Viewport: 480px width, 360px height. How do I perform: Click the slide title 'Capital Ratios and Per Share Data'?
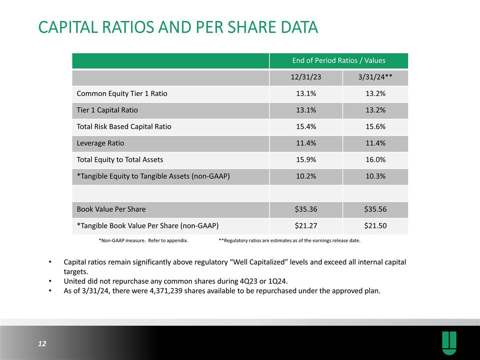click(178, 27)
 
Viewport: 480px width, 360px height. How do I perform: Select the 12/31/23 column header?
click(306, 77)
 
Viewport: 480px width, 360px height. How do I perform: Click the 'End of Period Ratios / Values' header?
click(339, 60)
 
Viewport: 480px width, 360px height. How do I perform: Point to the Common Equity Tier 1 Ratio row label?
click(121, 93)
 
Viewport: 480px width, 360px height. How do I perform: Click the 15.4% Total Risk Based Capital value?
click(306, 126)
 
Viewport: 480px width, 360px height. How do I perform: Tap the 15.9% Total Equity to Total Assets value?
click(306, 159)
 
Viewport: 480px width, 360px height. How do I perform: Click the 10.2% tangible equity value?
click(306, 176)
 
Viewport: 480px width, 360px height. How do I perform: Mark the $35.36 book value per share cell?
click(306, 209)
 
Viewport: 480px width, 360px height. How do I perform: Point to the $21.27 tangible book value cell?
click(306, 225)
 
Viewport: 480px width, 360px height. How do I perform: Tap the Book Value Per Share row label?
click(111, 209)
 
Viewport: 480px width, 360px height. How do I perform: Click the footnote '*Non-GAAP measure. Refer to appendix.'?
click(143, 240)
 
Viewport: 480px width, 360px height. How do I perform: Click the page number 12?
click(41, 343)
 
